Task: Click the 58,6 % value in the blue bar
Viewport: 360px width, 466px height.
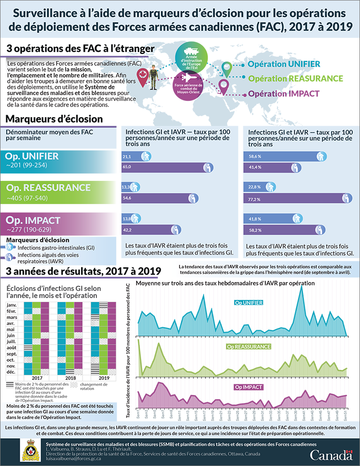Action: click(255, 156)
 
